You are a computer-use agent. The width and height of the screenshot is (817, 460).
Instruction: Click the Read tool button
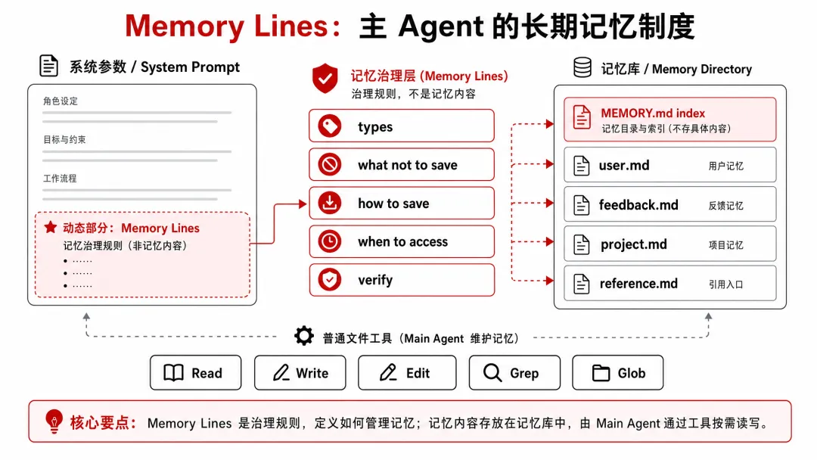click(195, 372)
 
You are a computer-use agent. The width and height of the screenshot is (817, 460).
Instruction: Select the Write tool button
click(300, 372)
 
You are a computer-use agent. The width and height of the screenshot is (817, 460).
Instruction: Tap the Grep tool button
click(515, 372)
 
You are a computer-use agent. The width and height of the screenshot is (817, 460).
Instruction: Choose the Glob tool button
click(618, 372)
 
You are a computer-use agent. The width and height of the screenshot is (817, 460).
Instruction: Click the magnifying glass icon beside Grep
click(492, 373)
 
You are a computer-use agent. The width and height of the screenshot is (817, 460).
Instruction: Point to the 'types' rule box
click(401, 126)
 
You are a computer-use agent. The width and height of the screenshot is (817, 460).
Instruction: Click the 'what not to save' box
click(401, 165)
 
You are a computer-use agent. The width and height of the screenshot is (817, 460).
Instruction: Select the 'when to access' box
click(401, 241)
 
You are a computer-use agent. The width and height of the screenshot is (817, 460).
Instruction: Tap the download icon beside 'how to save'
click(330, 203)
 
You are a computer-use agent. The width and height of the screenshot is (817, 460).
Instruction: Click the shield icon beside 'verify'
click(330, 280)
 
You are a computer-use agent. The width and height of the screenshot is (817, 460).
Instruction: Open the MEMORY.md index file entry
click(670, 120)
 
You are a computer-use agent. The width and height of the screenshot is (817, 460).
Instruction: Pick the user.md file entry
click(670, 165)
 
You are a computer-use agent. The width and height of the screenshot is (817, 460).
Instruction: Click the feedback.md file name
click(638, 205)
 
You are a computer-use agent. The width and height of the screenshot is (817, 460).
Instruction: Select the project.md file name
click(634, 244)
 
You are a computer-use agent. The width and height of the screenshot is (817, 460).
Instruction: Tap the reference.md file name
click(638, 284)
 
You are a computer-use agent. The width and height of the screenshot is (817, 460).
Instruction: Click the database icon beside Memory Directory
click(582, 67)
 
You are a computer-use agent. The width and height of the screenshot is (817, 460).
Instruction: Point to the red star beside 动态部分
click(51, 227)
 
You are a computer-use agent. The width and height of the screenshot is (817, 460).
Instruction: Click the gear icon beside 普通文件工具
click(304, 336)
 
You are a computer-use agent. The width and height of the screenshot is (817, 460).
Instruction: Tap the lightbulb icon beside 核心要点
click(54, 421)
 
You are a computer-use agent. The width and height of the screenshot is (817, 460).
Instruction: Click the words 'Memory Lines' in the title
click(226, 26)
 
